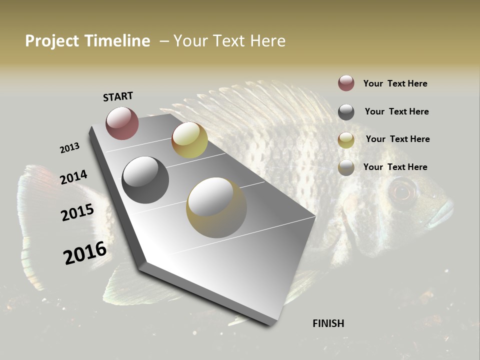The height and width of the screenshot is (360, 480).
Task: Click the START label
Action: click(118, 96)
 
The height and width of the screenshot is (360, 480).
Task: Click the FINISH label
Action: click(328, 323)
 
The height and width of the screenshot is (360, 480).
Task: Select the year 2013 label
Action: click(69, 148)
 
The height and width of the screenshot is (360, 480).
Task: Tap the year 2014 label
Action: click(73, 177)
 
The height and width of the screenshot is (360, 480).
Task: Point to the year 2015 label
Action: click(77, 212)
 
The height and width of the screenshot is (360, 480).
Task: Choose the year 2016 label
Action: click(85, 252)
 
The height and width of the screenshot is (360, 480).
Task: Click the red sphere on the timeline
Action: click(122, 123)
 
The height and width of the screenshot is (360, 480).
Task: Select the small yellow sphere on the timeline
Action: click(189, 140)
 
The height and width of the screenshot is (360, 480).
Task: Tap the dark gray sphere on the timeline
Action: click(145, 180)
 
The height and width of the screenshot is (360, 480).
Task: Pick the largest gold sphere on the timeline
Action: click(216, 207)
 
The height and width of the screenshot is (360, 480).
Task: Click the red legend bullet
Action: click(346, 83)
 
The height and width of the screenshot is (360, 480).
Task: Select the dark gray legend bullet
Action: click(346, 112)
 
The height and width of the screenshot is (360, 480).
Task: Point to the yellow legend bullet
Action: click(346, 139)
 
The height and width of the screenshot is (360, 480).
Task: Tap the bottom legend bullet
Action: click(346, 167)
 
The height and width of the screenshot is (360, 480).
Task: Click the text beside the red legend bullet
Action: click(395, 83)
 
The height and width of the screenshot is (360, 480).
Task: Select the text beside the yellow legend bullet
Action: click(397, 139)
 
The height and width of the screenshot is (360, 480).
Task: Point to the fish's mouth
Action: click(443, 212)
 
